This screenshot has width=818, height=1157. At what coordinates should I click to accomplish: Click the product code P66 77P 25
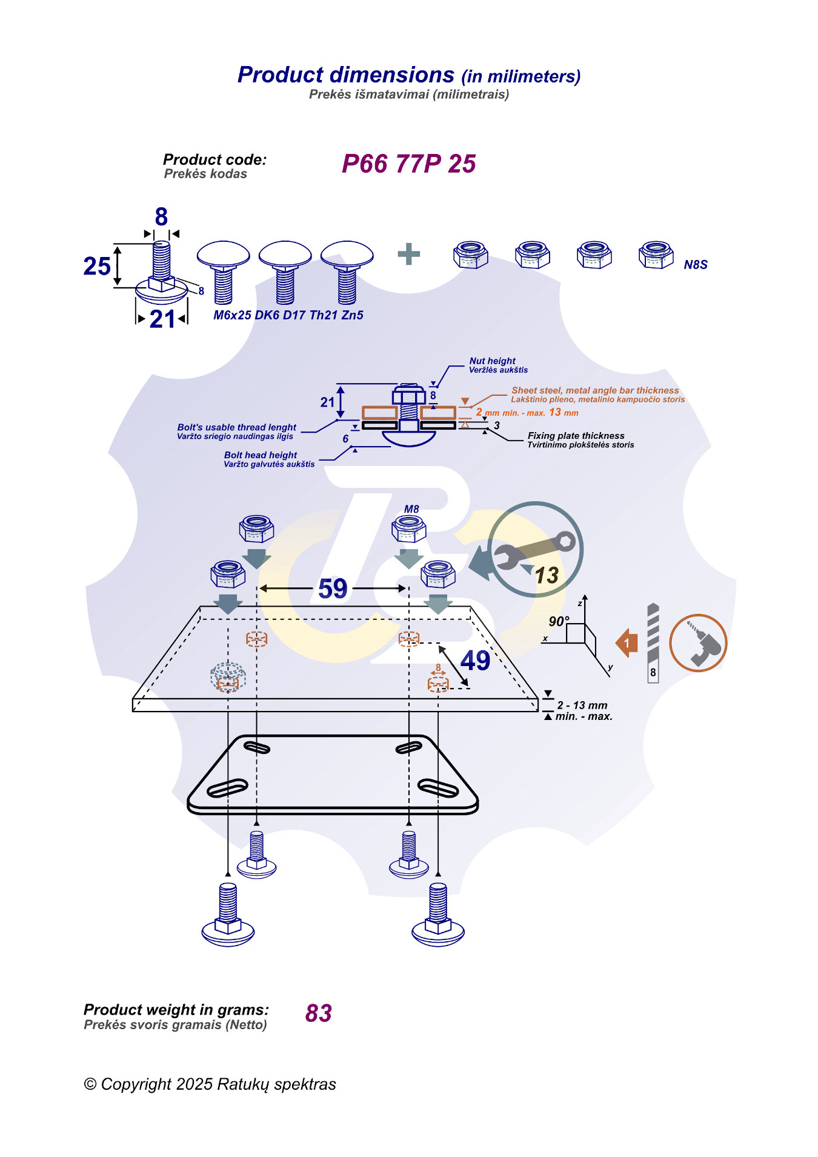[408, 164]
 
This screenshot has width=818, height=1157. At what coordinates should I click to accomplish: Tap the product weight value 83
[318, 1013]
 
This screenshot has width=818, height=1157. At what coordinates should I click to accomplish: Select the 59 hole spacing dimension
[333, 589]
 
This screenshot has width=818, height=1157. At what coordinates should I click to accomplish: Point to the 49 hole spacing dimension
[475, 661]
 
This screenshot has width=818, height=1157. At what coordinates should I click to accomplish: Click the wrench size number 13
[546, 575]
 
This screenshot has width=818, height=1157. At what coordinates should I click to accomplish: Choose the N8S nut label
[695, 265]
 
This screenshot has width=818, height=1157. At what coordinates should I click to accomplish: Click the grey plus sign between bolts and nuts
[408, 254]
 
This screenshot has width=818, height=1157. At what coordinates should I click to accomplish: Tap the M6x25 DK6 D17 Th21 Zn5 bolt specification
[288, 315]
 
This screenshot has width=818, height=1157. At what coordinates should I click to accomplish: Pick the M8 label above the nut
[411, 509]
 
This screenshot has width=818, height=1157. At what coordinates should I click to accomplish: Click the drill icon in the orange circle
[698, 643]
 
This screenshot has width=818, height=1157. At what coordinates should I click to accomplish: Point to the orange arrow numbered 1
[627, 642]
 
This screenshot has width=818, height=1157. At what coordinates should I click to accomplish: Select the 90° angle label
[558, 621]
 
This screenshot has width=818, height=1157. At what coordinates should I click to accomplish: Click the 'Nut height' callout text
[492, 361]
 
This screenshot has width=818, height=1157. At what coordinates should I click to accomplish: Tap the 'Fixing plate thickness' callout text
[576, 436]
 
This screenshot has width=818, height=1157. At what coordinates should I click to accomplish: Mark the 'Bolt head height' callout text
[261, 455]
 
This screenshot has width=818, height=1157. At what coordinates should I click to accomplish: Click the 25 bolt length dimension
[97, 266]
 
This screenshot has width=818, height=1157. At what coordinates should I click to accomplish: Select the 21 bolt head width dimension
[162, 319]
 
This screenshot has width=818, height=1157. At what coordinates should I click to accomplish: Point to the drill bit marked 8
[653, 642]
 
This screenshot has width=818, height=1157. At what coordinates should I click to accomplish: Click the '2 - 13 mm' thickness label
[582, 705]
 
